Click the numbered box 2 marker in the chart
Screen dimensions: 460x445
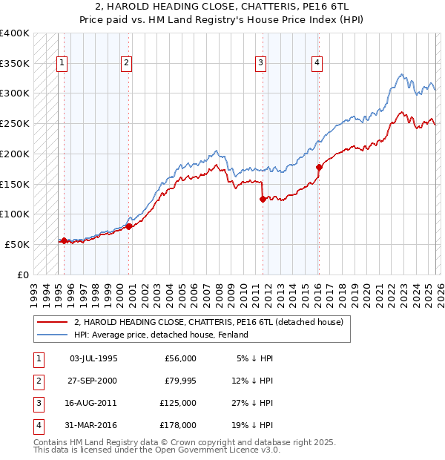pos(127,63)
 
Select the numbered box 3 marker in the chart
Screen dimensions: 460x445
pos(261,63)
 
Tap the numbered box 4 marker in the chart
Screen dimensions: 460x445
pos(317,63)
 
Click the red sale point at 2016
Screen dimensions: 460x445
pos(319,167)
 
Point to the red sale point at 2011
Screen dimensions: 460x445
pos(263,199)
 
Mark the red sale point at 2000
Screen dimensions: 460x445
pos(129,226)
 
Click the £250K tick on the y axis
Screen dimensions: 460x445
pos(15,123)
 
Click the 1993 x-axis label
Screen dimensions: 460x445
pos(34,289)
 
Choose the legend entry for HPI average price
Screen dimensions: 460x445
pos(160,335)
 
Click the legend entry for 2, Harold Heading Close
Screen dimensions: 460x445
pos(208,323)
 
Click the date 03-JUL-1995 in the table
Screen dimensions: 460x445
pos(93,358)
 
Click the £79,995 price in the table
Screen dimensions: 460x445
pos(180,381)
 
